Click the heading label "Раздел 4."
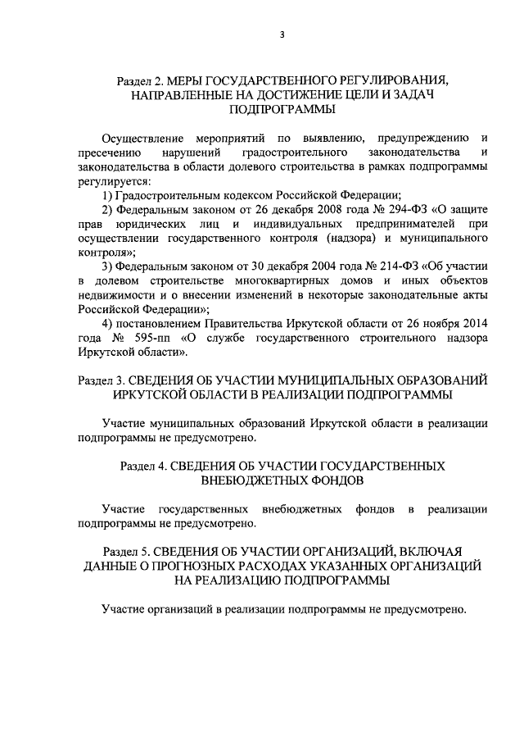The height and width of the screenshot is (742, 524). pyautogui.click(x=144, y=466)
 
